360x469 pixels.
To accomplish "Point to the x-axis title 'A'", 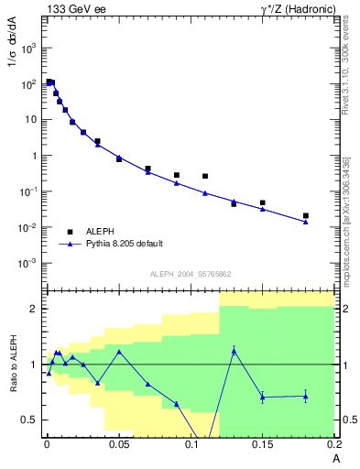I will click(x=335, y=458).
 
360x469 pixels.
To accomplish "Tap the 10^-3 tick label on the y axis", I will click(x=28, y=263).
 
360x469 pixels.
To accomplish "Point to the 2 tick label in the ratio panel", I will click(x=32, y=309).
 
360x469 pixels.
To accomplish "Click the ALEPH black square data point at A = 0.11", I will click(x=205, y=176).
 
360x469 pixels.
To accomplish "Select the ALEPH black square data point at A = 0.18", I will click(x=306, y=216).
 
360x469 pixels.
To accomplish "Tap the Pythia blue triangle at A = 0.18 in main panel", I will click(x=306, y=222).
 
